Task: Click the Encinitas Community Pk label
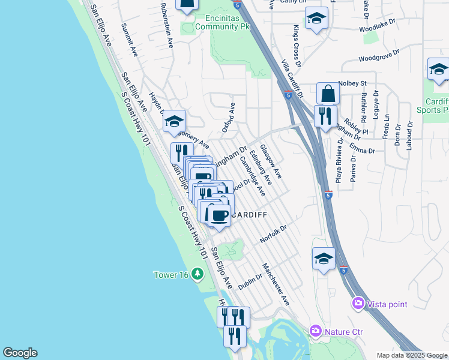223,22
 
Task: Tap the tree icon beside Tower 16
197,275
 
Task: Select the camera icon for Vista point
359,304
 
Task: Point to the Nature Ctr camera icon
316,331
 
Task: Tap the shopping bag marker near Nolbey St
328,94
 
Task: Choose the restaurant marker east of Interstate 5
325,116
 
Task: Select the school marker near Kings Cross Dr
316,19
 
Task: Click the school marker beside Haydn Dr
174,122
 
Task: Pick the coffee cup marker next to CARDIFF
219,215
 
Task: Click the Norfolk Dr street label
274,235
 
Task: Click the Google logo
20,353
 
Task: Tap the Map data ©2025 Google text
411,355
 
